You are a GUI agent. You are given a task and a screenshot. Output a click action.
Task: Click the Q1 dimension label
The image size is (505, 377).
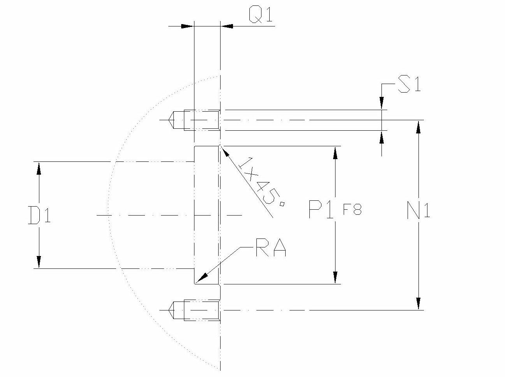(261, 16)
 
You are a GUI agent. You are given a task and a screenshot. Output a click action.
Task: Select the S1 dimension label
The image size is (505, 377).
(409, 85)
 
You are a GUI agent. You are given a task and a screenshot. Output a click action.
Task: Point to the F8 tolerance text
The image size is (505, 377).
(352, 210)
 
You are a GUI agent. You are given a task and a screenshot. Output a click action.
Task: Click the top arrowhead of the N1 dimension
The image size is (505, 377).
(418, 126)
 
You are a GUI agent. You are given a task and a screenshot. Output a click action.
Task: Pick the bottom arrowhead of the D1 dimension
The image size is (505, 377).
(39, 262)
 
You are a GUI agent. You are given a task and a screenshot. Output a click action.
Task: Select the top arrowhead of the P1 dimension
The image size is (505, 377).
(335, 153)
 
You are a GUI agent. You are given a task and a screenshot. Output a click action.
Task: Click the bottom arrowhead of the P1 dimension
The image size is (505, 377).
(335, 277)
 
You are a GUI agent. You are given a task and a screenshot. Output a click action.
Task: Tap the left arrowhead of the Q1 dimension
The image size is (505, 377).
(187, 26)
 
